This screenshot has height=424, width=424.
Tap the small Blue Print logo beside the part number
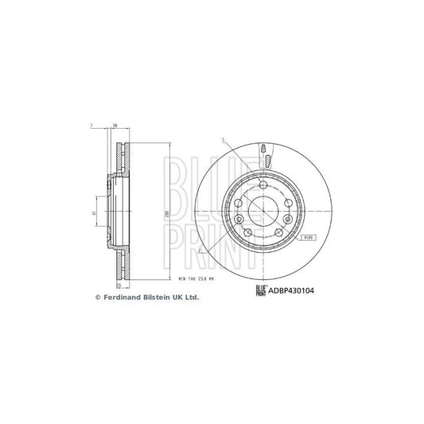coord(260,290)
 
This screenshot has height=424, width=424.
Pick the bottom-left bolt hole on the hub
coord(245,231)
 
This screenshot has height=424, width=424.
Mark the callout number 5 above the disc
coord(224,141)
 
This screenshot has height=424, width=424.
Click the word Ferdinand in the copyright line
coord(124,297)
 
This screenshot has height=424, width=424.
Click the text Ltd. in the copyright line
coord(193,297)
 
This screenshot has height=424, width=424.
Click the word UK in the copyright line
coord(180,297)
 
